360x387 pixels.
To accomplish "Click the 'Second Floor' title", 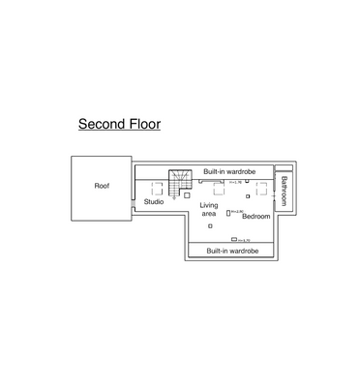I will click(x=119, y=125).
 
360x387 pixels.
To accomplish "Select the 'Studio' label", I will click(x=154, y=202).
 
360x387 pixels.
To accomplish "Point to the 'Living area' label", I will click(x=208, y=210).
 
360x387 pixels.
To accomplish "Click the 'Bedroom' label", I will click(x=255, y=216).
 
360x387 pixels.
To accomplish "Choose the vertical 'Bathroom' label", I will click(x=285, y=190).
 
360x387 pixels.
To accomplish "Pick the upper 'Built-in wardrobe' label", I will click(x=228, y=171).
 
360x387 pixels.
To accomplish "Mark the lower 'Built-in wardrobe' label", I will click(x=232, y=251).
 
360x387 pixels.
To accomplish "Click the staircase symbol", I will click(x=180, y=185).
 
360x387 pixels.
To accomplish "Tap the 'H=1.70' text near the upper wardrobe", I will click(x=235, y=183).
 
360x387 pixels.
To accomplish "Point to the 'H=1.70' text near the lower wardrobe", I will click(x=246, y=239).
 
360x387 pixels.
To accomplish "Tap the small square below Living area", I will click(x=209, y=226).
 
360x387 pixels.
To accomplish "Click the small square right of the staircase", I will click(x=188, y=194).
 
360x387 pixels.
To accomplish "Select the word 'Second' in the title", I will click(x=100, y=125).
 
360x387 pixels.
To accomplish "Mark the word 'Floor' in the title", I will click(x=142, y=125).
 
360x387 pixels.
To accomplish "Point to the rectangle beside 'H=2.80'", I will click(x=227, y=212).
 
